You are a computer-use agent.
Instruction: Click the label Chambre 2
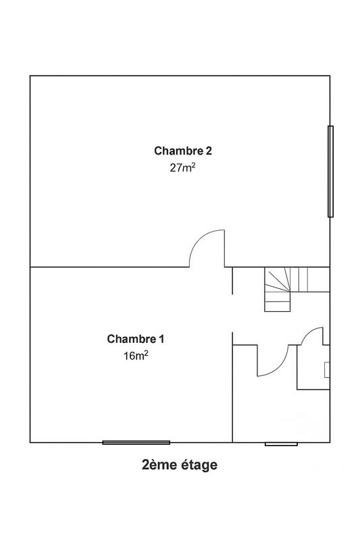coord(178,151)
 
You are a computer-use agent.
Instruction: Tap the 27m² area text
coord(182,168)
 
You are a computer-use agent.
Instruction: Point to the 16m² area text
coord(135,356)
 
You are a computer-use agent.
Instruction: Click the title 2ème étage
coord(180,464)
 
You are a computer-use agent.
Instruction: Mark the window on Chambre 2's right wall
coord(330,171)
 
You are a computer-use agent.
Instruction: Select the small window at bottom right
coord(281,443)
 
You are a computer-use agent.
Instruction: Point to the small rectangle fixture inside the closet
coord(327,370)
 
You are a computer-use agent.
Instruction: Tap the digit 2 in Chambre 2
coord(199,151)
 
